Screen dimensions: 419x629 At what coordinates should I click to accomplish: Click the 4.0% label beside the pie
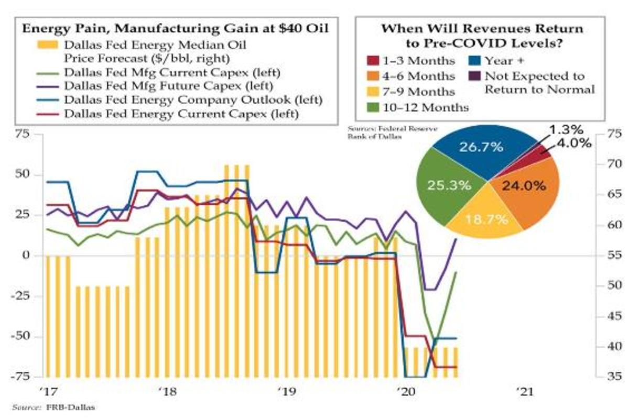[x=574, y=143]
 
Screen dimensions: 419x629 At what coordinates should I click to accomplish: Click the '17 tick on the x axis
[x=49, y=391]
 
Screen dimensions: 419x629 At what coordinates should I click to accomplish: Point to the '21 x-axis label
[x=524, y=391]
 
